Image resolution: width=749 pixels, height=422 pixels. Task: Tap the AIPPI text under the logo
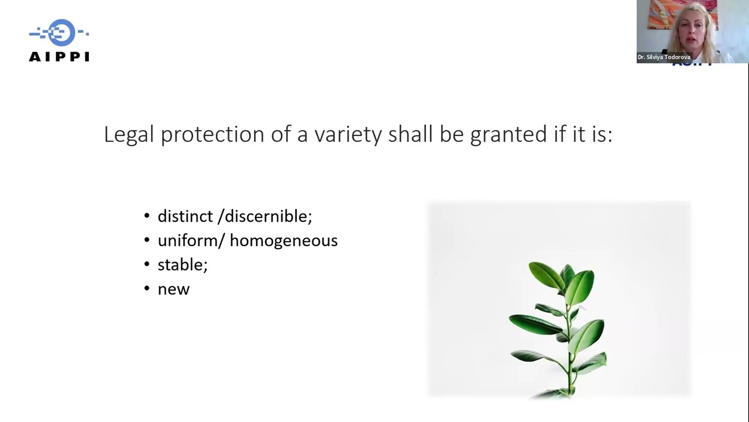[59, 57]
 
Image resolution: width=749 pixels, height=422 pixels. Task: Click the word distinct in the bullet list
[185, 216]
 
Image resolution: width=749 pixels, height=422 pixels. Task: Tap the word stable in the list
[180, 264]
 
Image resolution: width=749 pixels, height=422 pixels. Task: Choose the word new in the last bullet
[173, 289]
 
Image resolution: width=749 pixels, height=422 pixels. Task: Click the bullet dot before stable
[147, 264]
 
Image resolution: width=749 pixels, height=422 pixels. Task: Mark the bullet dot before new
[147, 289]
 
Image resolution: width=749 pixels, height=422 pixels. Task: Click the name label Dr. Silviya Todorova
[664, 57]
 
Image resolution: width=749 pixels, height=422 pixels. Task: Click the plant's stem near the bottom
[569, 381]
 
